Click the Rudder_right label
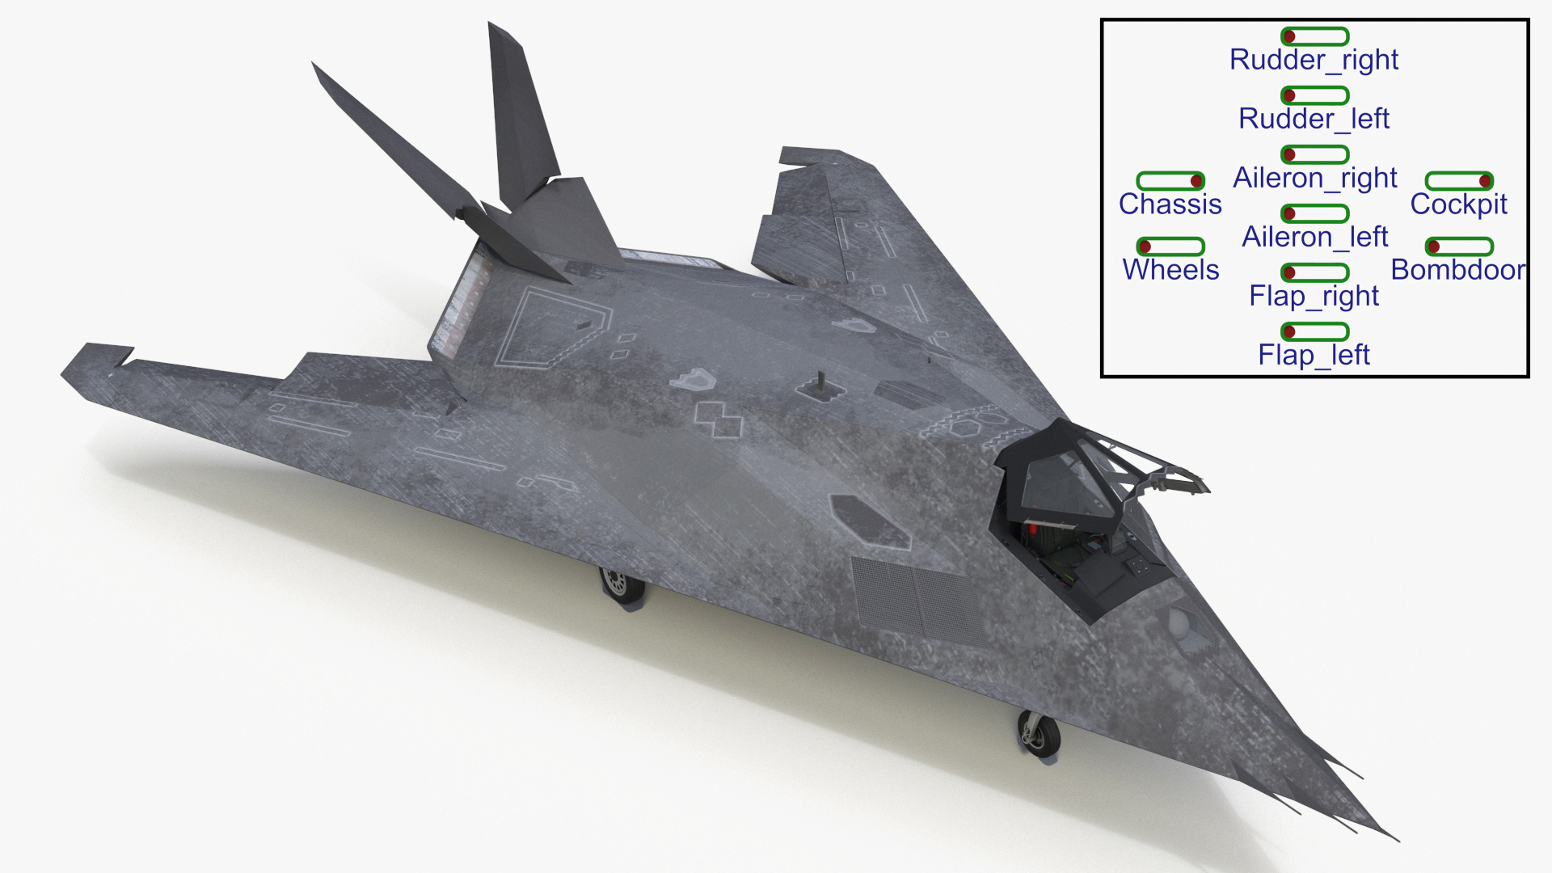pos(1314,60)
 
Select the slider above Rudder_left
pos(1314,95)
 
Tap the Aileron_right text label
pos(1314,178)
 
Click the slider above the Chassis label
pos(1170,181)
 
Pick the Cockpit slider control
pos(1458,181)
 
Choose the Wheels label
pos(1170,270)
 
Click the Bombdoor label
pos(1458,270)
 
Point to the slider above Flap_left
pos(1314,331)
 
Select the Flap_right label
pos(1314,297)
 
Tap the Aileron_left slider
pos(1314,213)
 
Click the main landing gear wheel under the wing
pos(618,584)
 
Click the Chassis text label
pos(1170,205)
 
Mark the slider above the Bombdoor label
pos(1458,247)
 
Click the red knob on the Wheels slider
pos(1145,247)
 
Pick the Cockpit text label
pos(1458,205)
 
